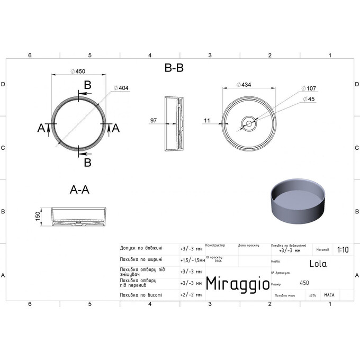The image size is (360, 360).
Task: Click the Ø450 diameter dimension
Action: pos(78,71)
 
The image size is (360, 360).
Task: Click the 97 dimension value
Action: pos(154,121)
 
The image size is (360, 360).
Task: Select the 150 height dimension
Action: pos(37,217)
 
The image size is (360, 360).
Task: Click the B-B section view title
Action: pos(174,68)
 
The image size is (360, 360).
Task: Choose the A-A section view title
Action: pos(79,191)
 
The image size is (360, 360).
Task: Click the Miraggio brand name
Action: pos(237,284)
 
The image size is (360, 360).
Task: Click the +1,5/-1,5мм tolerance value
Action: pos(193,259)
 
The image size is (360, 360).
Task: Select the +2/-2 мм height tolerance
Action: pos(191,294)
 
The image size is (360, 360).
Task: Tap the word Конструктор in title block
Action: pos(215,246)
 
